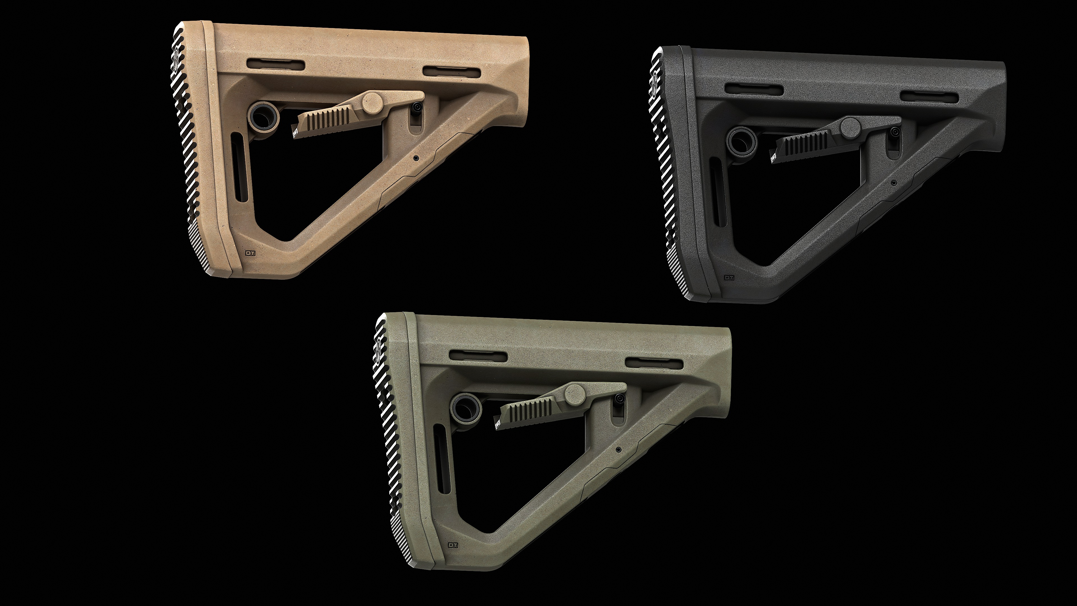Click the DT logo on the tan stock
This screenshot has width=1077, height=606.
251,252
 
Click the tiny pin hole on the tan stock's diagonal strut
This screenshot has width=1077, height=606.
416,159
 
